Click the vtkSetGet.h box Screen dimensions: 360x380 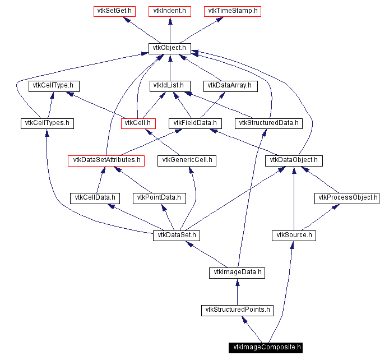pyautogui.click(x=112, y=11)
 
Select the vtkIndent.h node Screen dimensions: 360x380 pyautogui.click(x=170, y=11)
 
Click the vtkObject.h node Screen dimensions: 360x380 pyautogui.click(x=170, y=48)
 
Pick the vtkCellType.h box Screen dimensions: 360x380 pyautogui.click(x=54, y=86)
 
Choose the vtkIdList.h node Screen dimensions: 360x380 pyautogui.click(x=170, y=86)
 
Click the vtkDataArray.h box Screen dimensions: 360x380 pyautogui.click(x=230, y=86)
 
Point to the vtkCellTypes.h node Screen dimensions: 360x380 pyautogui.click(x=47, y=123)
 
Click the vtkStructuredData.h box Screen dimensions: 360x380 pyautogui.click(x=269, y=123)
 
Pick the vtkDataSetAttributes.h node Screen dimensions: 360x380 pyautogui.click(x=106, y=160)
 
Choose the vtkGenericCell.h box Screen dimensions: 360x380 pyautogui.click(x=188, y=160)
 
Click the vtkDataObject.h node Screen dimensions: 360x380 pyautogui.click(x=294, y=160)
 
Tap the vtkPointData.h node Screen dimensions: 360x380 pyautogui.click(x=159, y=198)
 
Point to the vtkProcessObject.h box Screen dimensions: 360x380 pyautogui.click(x=347, y=198)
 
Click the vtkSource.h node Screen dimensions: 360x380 pyautogui.click(x=293, y=236)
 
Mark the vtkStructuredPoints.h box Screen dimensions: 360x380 pyautogui.click(x=238, y=310)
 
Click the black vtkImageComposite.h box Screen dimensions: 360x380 pyautogui.click(x=265, y=348)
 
